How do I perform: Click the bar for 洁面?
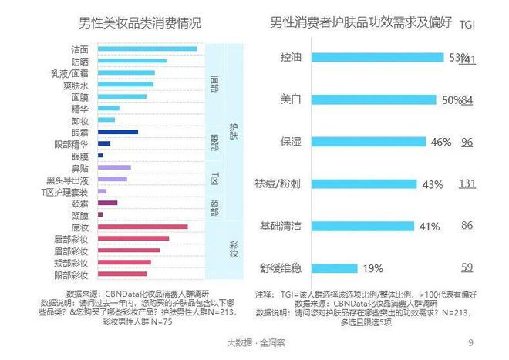(147, 49)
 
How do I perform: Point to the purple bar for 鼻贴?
(114, 167)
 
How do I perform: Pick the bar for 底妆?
(142, 227)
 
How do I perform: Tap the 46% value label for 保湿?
(440, 142)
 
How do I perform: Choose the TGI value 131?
(467, 183)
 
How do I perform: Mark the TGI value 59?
(467, 267)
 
